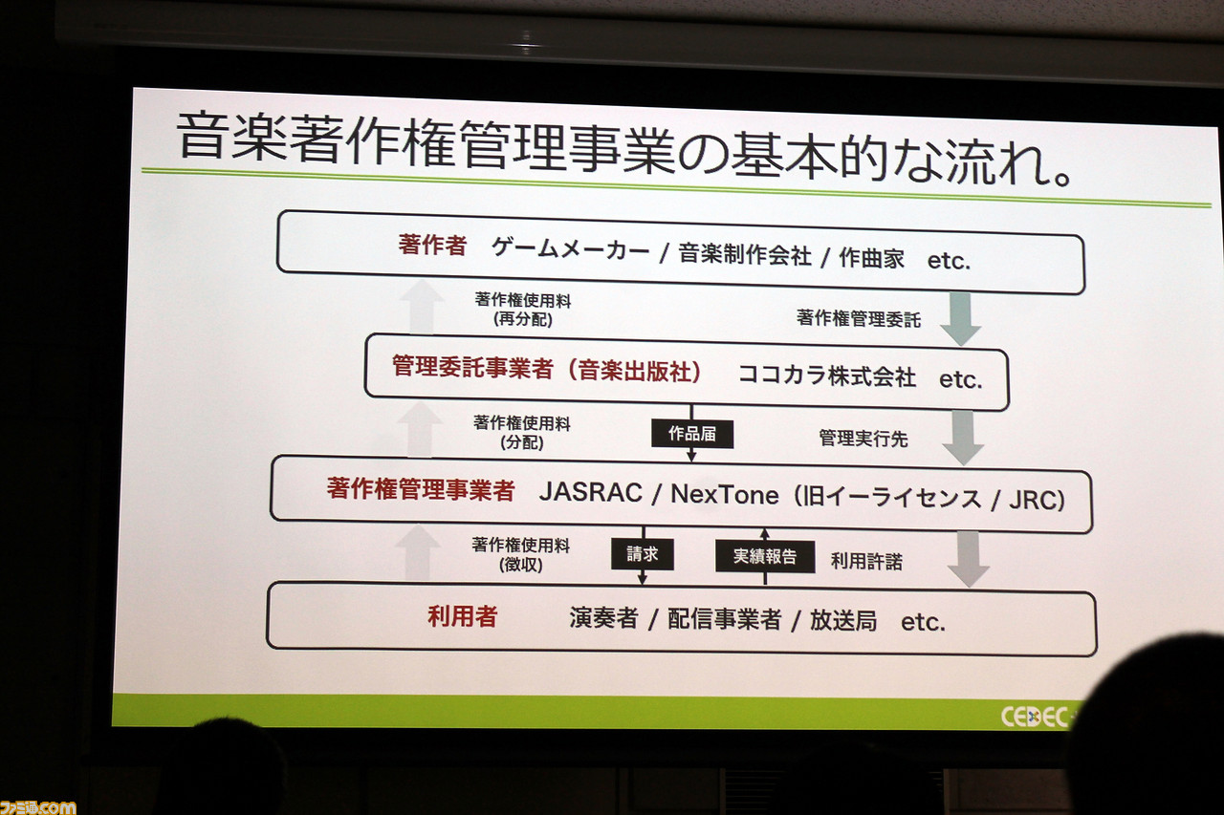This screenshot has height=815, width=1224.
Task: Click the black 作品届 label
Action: point(691,434)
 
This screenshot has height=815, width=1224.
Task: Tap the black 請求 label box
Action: point(642,554)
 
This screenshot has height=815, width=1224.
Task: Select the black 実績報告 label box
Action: point(765,557)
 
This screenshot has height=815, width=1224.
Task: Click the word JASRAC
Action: point(591,492)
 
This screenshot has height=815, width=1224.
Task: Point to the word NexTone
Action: point(725,495)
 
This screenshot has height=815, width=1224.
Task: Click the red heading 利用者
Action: point(462,617)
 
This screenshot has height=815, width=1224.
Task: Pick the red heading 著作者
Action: point(432,246)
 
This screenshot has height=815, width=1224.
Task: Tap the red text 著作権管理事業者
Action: point(421,489)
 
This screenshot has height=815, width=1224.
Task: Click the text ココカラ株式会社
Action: point(827,376)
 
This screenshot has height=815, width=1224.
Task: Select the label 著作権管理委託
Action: point(859,319)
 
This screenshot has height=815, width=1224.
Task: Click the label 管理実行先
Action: point(863,439)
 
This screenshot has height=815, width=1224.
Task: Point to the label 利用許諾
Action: point(866,561)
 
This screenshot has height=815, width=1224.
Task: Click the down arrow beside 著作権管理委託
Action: point(960,319)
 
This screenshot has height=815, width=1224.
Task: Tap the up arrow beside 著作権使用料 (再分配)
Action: point(422,307)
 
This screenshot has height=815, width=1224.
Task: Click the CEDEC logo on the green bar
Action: point(1036,717)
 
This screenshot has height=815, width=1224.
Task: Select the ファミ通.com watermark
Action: point(38,807)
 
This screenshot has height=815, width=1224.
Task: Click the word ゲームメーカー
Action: point(571,250)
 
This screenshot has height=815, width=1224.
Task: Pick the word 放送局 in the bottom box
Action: point(843,621)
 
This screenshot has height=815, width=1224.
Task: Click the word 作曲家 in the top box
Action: point(871,258)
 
